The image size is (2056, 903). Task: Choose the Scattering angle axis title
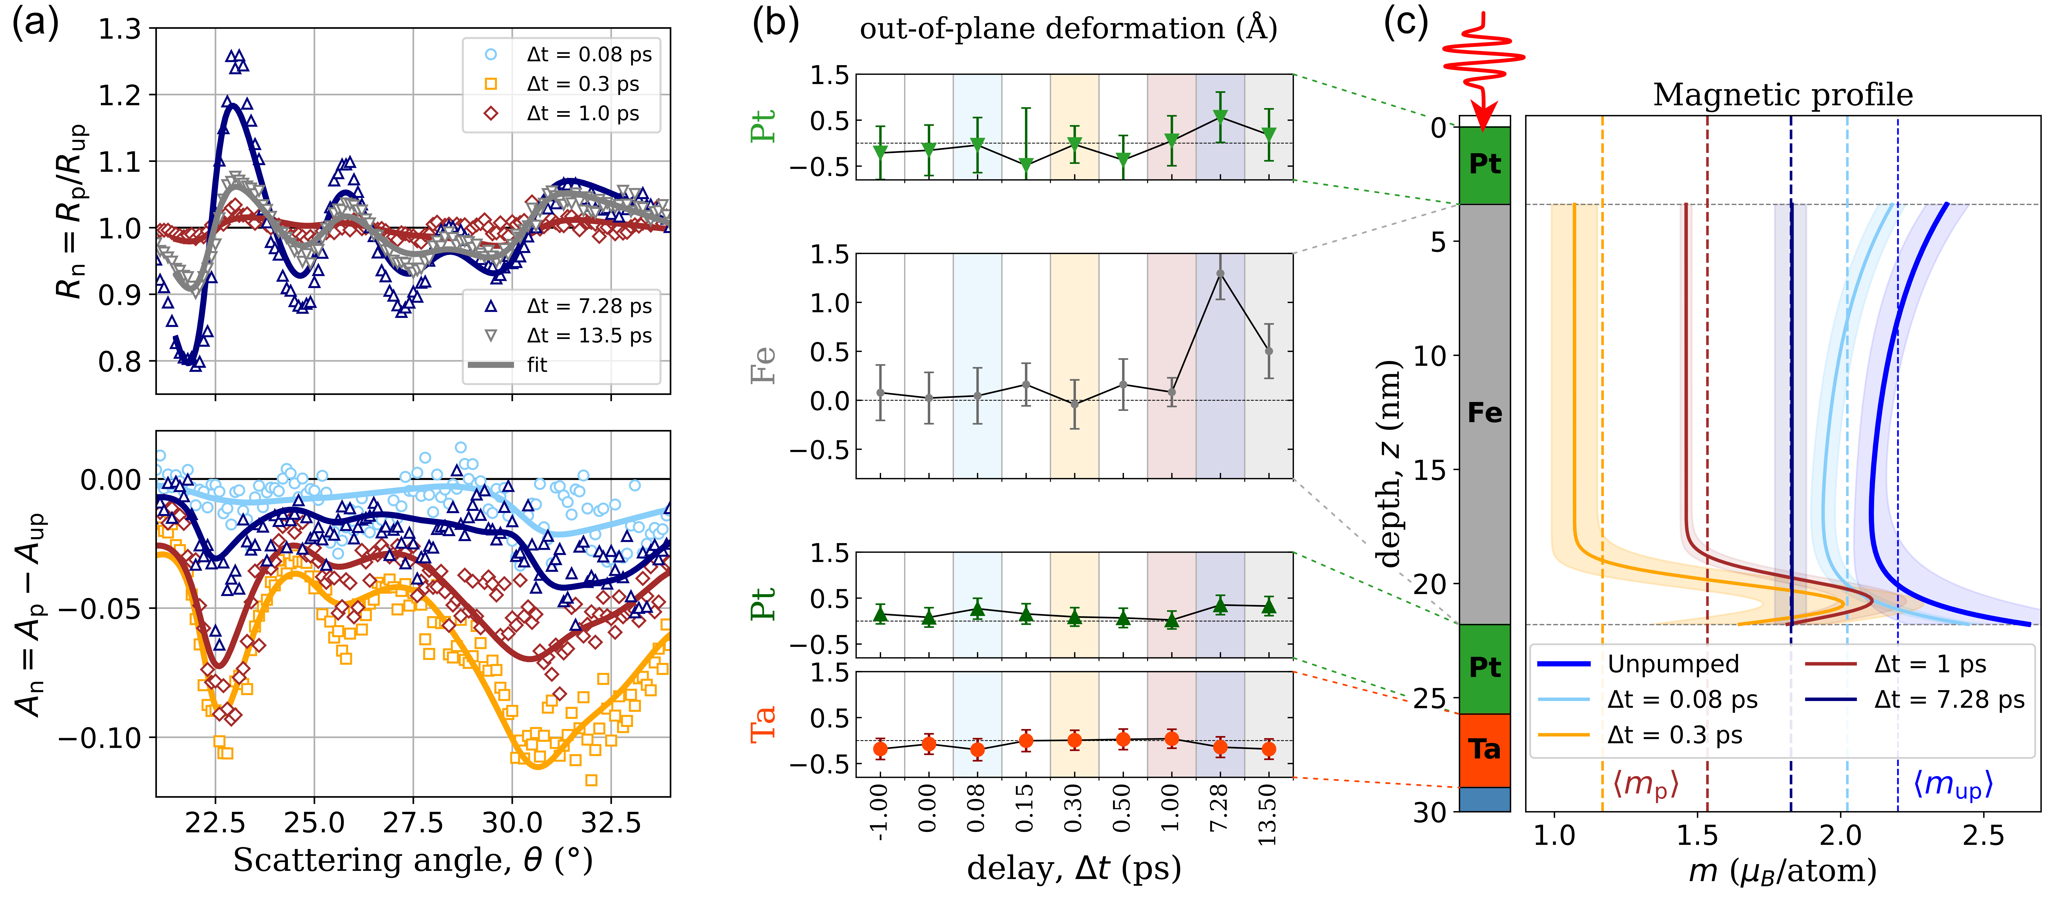pos(413,861)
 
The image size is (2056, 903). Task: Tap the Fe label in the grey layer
pos(1485,413)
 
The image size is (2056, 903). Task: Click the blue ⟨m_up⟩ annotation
pos(1952,785)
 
